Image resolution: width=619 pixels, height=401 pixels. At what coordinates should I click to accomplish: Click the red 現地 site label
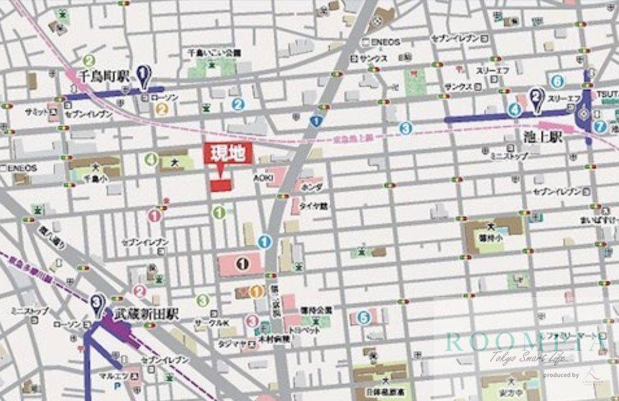(x=228, y=154)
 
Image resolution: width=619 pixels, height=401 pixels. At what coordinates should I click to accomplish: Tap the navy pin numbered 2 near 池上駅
(x=536, y=99)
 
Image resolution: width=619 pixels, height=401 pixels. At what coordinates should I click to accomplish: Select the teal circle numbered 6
(x=557, y=81)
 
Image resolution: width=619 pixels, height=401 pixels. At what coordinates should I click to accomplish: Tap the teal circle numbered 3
(x=405, y=127)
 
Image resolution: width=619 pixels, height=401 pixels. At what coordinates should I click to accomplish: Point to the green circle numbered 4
(x=151, y=159)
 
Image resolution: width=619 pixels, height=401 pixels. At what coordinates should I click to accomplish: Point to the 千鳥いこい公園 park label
(x=214, y=52)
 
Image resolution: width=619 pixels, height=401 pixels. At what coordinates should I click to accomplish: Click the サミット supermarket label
(x=36, y=111)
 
